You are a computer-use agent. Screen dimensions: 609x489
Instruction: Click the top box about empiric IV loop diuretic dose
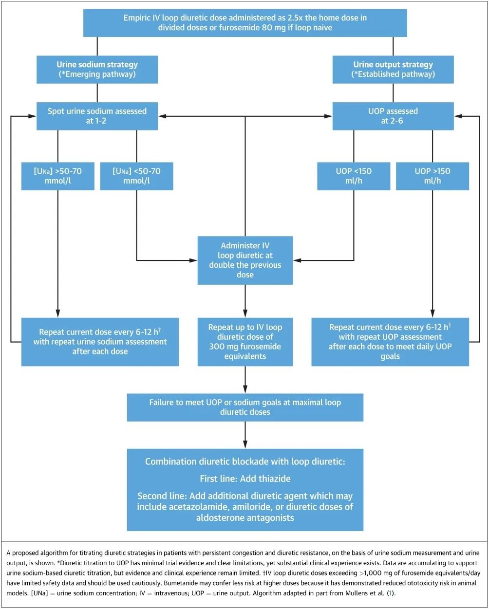tap(244, 23)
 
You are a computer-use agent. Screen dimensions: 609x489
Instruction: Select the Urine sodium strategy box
tap(97, 69)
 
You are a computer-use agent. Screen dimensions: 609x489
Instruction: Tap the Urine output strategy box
tap(393, 69)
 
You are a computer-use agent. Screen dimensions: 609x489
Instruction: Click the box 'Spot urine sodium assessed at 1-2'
tap(97, 116)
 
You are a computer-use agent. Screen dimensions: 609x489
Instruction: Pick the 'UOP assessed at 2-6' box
tap(393, 116)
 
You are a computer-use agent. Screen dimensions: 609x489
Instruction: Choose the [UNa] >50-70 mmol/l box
tap(57, 176)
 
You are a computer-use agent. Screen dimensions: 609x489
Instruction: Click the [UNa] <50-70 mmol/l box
tap(136, 176)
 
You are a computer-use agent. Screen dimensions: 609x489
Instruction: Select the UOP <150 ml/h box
tap(354, 176)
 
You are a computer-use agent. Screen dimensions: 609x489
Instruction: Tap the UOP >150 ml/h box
tap(433, 176)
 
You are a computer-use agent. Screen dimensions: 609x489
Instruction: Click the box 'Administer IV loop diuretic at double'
tap(245, 260)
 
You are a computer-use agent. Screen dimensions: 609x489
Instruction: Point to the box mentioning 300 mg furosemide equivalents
tap(245, 342)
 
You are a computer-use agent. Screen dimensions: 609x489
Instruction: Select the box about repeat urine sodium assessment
tap(100, 342)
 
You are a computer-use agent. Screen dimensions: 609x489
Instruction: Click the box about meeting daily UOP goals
tap(390, 342)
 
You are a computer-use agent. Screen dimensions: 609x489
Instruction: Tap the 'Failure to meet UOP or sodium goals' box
tap(245, 407)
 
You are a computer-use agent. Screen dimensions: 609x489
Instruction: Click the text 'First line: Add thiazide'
tap(245, 479)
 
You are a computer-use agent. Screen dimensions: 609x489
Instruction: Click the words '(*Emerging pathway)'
tap(97, 74)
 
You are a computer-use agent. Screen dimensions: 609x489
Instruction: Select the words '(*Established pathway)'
tap(393, 74)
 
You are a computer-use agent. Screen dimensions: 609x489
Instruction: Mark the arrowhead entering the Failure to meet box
tap(245, 390)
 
